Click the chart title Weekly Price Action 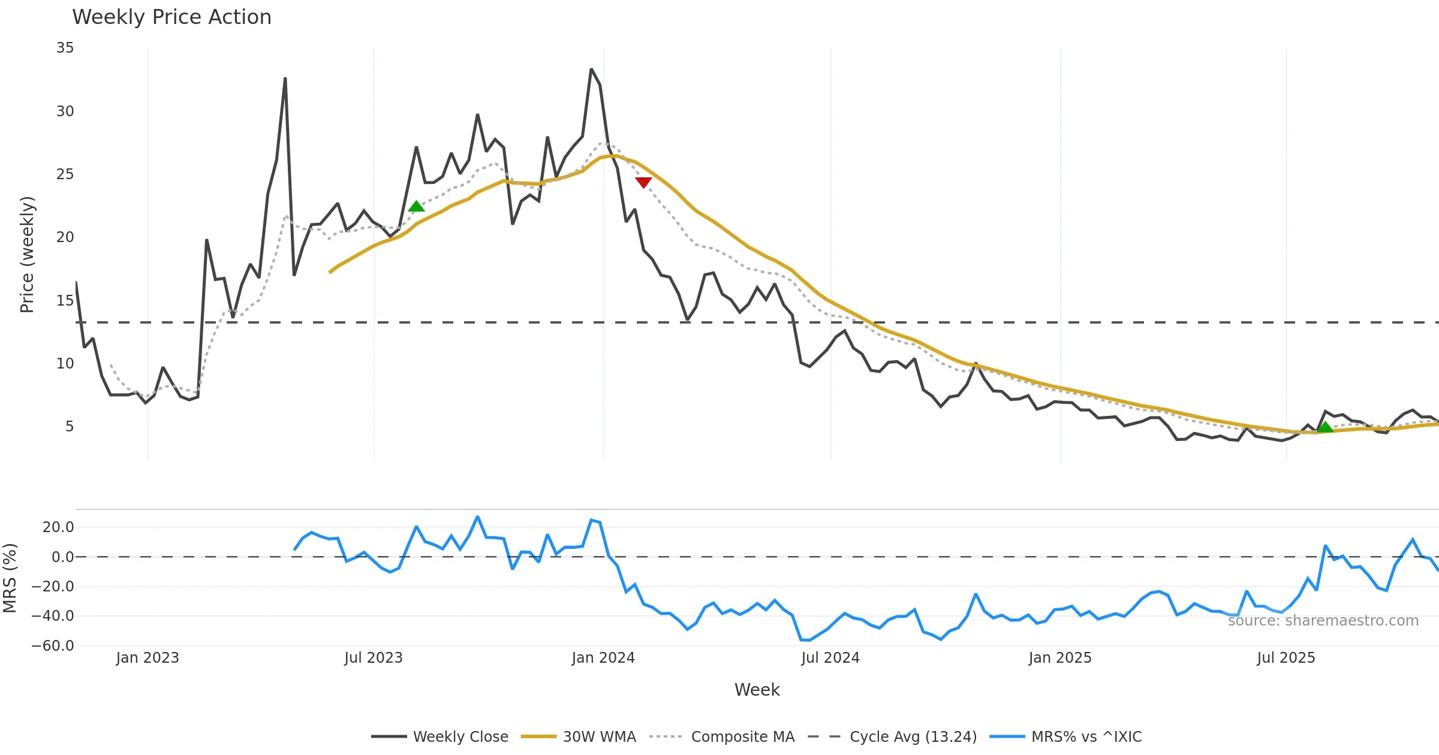click(171, 17)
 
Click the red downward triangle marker click(643, 182)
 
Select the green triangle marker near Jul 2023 click(416, 207)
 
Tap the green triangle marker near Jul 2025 click(1325, 427)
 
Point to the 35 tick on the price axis click(65, 48)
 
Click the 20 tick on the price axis click(65, 237)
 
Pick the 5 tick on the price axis click(70, 427)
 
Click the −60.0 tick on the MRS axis click(53, 646)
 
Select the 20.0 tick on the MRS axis click(58, 527)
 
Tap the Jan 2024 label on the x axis click(603, 658)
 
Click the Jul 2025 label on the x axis click(1286, 658)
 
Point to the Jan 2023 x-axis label click(147, 658)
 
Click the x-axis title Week click(757, 690)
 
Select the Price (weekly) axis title click(28, 255)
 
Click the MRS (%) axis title click(10, 578)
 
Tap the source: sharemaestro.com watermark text click(1323, 621)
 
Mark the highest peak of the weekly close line click(591, 70)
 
